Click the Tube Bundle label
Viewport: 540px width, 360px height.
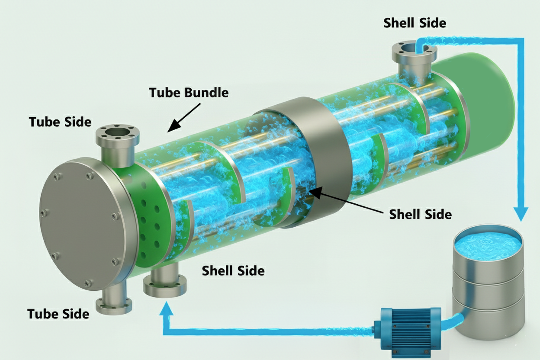188,92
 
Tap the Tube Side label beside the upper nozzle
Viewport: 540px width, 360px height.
60,122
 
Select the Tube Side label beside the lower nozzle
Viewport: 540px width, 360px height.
58,313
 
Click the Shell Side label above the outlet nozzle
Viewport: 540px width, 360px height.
415,23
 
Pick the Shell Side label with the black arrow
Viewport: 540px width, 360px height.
420,214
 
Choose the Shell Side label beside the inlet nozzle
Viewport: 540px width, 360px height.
233,271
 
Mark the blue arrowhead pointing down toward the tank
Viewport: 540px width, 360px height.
521,213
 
